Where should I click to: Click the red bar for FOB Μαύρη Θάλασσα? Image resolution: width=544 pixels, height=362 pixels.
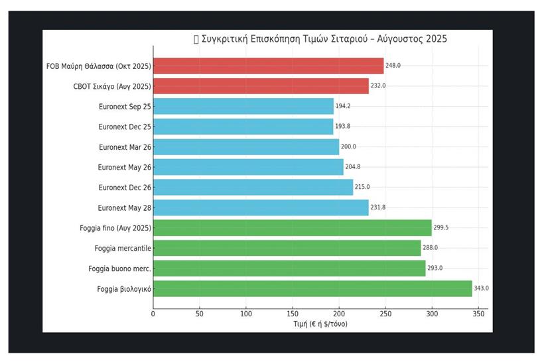[268, 66]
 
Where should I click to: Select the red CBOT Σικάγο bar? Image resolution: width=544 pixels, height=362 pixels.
[261, 86]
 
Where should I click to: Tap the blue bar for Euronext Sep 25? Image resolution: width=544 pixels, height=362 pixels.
[243, 106]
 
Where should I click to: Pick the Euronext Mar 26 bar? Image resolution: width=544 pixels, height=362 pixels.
[246, 147]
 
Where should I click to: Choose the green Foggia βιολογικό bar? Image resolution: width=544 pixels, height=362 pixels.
[312, 288]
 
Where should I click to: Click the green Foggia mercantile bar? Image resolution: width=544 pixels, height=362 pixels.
[287, 248]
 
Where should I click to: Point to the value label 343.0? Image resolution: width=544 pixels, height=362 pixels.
[481, 288]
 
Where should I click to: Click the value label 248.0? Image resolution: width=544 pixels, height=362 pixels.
[393, 66]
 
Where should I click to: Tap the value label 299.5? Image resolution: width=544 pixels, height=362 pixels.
[441, 228]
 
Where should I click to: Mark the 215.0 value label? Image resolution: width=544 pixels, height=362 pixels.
[362, 188]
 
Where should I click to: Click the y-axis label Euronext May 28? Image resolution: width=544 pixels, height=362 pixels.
[124, 208]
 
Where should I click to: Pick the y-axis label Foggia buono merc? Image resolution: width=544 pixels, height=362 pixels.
[119, 269]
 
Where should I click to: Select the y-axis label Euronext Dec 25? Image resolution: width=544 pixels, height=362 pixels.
[124, 127]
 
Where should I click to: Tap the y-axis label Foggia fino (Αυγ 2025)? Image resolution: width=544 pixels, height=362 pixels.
[115, 228]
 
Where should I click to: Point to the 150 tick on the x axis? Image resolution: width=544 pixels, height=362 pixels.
[293, 314]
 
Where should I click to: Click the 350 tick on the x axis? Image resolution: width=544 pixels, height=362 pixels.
[478, 314]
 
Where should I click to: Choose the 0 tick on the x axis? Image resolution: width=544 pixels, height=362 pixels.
[153, 314]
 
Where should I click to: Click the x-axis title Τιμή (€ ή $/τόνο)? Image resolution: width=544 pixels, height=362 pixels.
[320, 324]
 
